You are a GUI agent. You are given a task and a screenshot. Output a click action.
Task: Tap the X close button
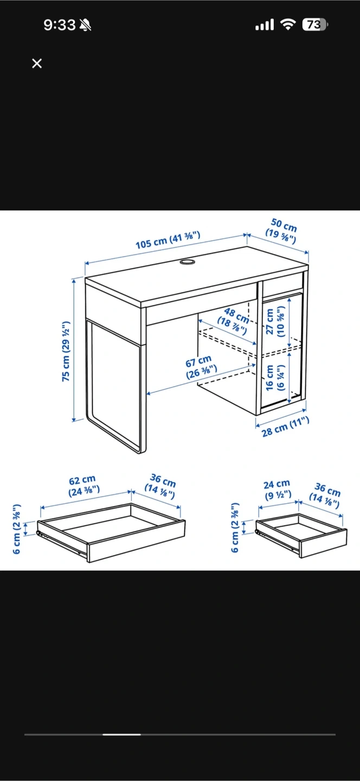point(37,63)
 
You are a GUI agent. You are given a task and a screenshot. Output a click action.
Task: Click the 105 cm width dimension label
point(168,240)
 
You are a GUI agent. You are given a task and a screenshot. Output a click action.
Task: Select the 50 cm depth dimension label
point(282,231)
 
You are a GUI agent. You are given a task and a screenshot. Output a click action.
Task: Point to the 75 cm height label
point(66,351)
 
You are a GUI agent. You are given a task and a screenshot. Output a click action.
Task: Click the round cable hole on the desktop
point(187,261)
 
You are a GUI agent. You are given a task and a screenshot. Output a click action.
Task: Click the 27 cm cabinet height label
point(275,322)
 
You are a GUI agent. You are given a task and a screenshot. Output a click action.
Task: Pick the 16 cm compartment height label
point(275,377)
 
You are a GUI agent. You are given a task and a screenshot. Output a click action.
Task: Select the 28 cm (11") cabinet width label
point(285,427)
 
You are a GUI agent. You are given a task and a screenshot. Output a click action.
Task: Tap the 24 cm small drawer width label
point(277,490)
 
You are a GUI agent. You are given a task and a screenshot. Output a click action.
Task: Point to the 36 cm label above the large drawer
point(160,486)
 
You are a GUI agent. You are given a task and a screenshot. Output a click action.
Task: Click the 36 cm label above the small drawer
point(325,495)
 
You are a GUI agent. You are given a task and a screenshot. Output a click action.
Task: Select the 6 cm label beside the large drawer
point(17,529)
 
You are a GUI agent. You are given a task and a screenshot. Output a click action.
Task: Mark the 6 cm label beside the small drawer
point(235,527)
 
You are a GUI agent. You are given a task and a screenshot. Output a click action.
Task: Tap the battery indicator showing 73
point(315,25)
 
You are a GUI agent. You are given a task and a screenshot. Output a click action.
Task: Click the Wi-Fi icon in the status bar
point(288,25)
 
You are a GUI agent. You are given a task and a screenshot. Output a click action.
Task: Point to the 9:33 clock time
point(59,25)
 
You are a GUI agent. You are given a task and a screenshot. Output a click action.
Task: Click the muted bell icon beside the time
point(85,25)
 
